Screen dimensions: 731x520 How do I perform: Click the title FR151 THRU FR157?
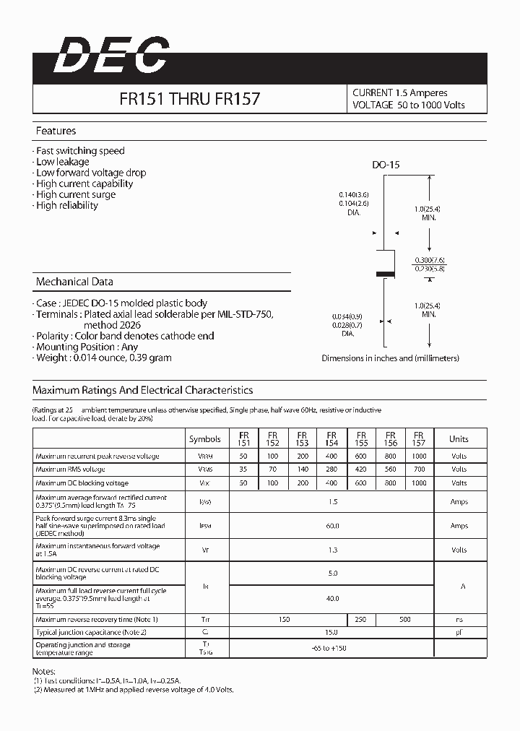click(x=189, y=99)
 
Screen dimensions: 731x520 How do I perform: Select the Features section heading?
click(x=56, y=131)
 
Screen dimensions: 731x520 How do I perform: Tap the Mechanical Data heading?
click(x=74, y=282)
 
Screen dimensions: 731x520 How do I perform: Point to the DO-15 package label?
click(x=386, y=165)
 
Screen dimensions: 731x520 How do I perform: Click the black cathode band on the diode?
click(x=386, y=274)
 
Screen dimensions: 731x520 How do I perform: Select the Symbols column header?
click(x=205, y=438)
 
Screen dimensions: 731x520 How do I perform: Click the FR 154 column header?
click(x=331, y=438)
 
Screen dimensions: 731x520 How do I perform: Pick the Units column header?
click(x=459, y=438)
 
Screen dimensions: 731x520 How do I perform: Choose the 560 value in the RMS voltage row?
click(x=391, y=470)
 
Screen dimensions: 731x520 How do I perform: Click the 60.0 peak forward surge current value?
click(x=332, y=526)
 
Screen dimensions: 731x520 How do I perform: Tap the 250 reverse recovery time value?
click(x=361, y=619)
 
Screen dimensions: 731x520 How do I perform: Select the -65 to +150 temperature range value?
click(x=332, y=648)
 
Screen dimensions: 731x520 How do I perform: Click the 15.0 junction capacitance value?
click(x=332, y=632)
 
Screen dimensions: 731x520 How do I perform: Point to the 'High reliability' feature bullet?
click(x=66, y=205)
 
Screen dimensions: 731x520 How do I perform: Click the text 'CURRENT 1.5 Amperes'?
click(x=399, y=93)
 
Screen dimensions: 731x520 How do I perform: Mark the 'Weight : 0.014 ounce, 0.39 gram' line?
click(x=103, y=358)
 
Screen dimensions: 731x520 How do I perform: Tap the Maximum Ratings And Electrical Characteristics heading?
click(x=142, y=390)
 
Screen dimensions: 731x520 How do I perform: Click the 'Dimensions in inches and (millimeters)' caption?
click(x=390, y=358)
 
